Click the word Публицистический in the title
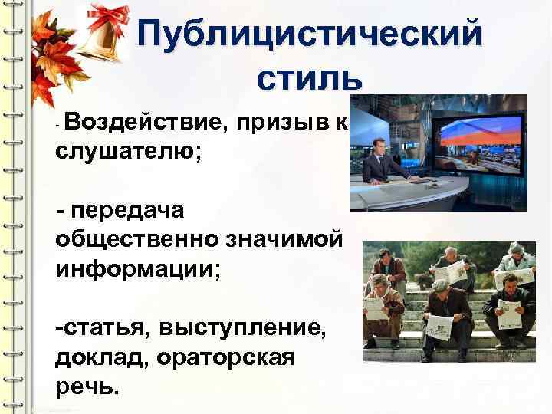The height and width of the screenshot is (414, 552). click(x=310, y=34)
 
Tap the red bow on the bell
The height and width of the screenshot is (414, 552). click(x=109, y=17)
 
